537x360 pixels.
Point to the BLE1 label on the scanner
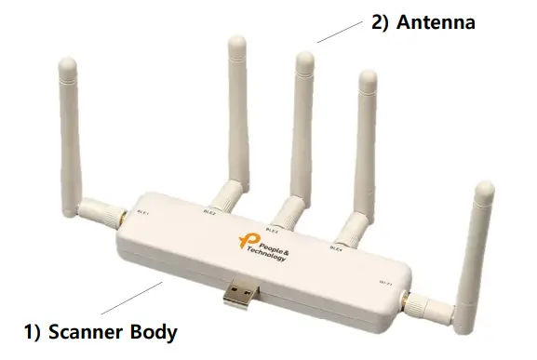142,211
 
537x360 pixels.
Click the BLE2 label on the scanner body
208,213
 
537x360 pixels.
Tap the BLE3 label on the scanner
272,230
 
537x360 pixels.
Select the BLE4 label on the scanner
336,248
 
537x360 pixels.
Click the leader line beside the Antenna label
339,32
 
